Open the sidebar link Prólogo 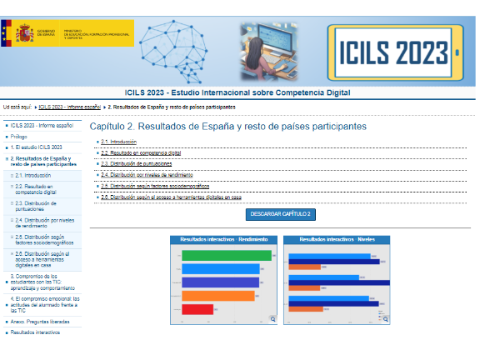coord(19,136)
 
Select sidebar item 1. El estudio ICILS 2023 coord(37,147)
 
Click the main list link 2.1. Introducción coord(118,142)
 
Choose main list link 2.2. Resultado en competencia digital coord(141,153)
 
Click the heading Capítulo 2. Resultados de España coord(227,127)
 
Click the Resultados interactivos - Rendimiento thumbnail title coord(223,239)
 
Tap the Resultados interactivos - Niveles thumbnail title coord(337,239)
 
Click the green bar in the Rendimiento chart coord(226,255)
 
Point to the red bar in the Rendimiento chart coord(197,309)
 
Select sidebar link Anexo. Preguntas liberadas coord(41,319)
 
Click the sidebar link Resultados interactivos coord(35,332)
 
